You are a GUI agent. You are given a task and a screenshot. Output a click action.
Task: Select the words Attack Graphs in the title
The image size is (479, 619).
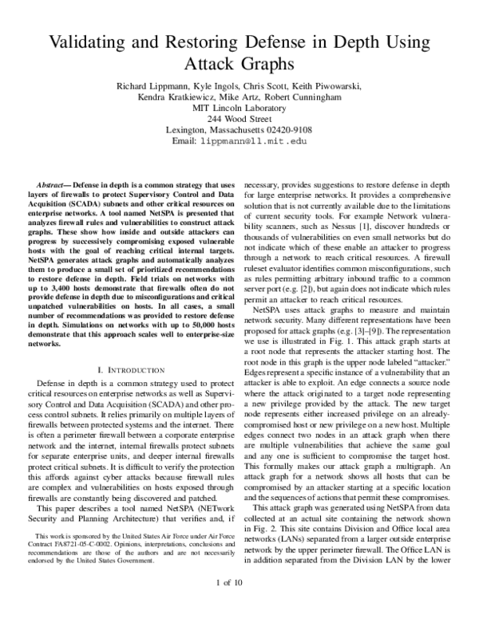click(x=239, y=65)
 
